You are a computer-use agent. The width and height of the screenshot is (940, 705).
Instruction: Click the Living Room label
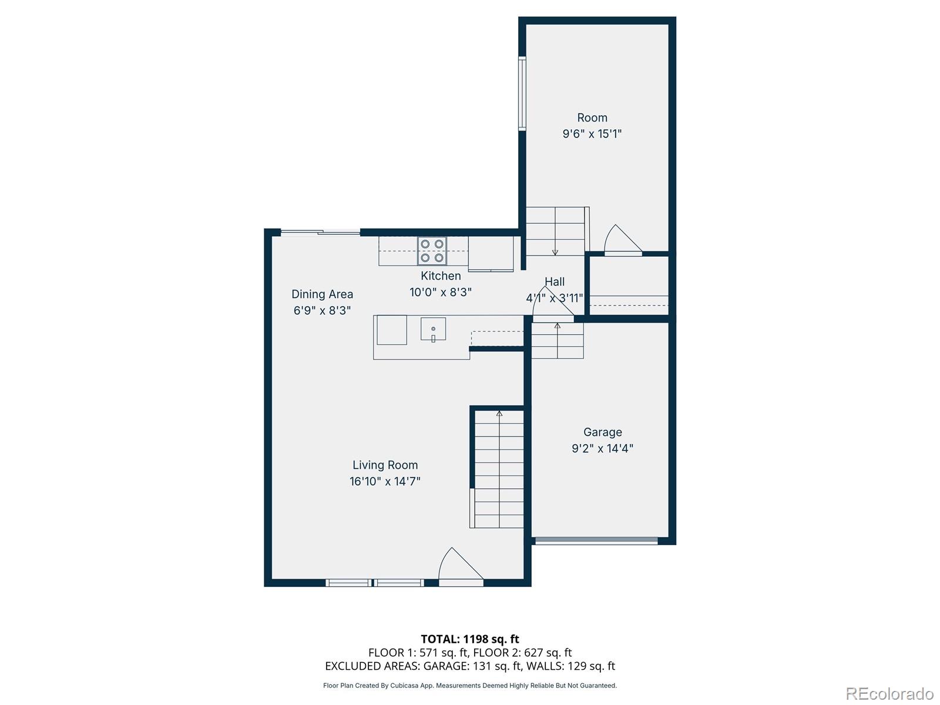(385, 465)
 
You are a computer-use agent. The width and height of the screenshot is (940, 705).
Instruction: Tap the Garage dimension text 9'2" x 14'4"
(602, 448)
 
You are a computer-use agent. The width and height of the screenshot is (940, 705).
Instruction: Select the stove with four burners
(432, 251)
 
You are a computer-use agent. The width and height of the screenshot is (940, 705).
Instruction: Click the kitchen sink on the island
(433, 329)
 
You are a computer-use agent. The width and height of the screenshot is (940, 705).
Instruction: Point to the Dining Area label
(322, 294)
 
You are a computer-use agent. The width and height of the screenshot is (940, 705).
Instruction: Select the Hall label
(554, 282)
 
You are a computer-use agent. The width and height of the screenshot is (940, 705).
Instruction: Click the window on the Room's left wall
(522, 93)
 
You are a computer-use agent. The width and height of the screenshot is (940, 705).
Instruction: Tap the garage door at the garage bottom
(596, 541)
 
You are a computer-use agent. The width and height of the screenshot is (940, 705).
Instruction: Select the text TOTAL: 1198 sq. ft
(470, 639)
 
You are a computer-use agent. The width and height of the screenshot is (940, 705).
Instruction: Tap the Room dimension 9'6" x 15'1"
(592, 134)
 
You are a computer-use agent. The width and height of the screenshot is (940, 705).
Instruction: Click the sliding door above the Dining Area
(320, 233)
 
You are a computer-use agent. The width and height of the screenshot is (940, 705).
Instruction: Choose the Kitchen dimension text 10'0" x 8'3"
(441, 292)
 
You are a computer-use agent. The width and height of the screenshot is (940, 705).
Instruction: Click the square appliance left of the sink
(391, 330)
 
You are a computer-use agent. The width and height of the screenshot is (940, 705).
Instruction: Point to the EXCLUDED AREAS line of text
(470, 666)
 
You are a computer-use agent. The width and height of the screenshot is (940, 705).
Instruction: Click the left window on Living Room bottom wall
(348, 583)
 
